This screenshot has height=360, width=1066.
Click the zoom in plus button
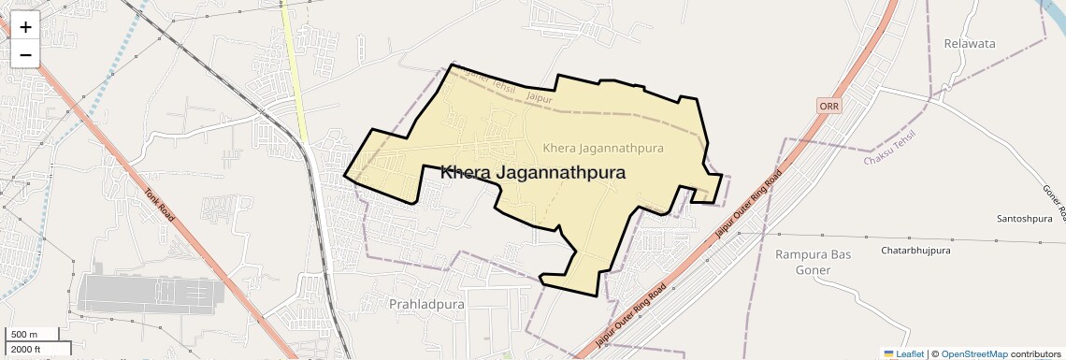pos(25,27)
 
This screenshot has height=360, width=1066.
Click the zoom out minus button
pos(25,54)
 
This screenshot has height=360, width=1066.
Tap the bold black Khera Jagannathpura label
pos(532,173)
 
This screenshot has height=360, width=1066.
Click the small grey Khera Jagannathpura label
pos(602,148)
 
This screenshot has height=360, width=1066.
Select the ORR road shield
pos(829,106)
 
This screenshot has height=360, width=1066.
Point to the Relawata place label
pos(970,44)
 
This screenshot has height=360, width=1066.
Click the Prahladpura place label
pos(425,304)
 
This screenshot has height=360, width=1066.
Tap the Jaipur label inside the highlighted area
pos(540,97)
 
